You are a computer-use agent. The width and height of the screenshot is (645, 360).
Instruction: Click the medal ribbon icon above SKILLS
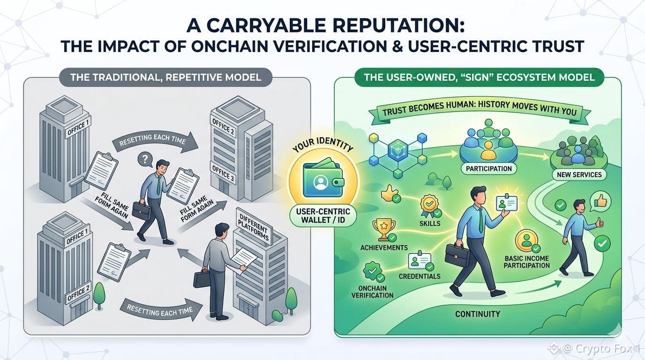coord(428,204)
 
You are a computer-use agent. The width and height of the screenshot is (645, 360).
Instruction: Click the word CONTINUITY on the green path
coord(477,314)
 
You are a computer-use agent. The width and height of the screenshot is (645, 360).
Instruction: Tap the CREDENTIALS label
coord(420,276)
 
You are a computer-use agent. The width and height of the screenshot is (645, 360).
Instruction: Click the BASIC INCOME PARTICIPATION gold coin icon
coord(525,240)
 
